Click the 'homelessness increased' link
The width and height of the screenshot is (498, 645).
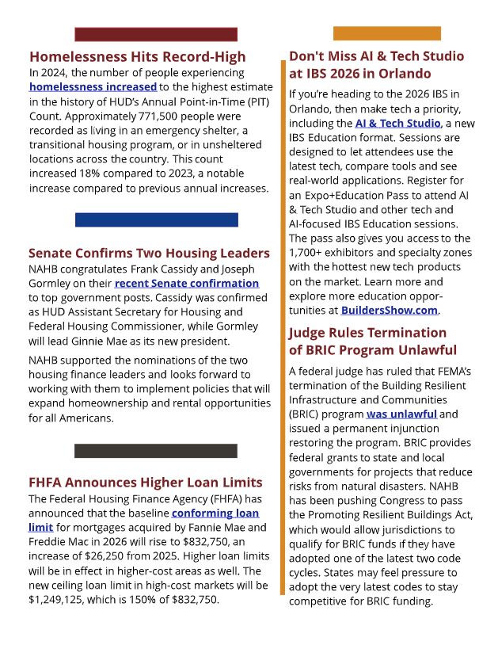click(x=93, y=86)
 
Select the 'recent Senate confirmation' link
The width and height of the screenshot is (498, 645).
click(x=187, y=283)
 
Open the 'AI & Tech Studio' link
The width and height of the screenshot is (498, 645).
click(x=397, y=123)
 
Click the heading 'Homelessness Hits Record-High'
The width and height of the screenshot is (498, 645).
click(x=137, y=57)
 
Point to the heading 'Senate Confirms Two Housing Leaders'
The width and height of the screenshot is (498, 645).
click(x=149, y=253)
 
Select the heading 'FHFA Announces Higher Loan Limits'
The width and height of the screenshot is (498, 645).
click(x=145, y=482)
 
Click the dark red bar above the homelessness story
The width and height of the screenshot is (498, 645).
click(x=156, y=34)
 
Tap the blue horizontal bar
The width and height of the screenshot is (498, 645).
click(x=156, y=219)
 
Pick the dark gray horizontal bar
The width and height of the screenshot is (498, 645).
click(x=156, y=451)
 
